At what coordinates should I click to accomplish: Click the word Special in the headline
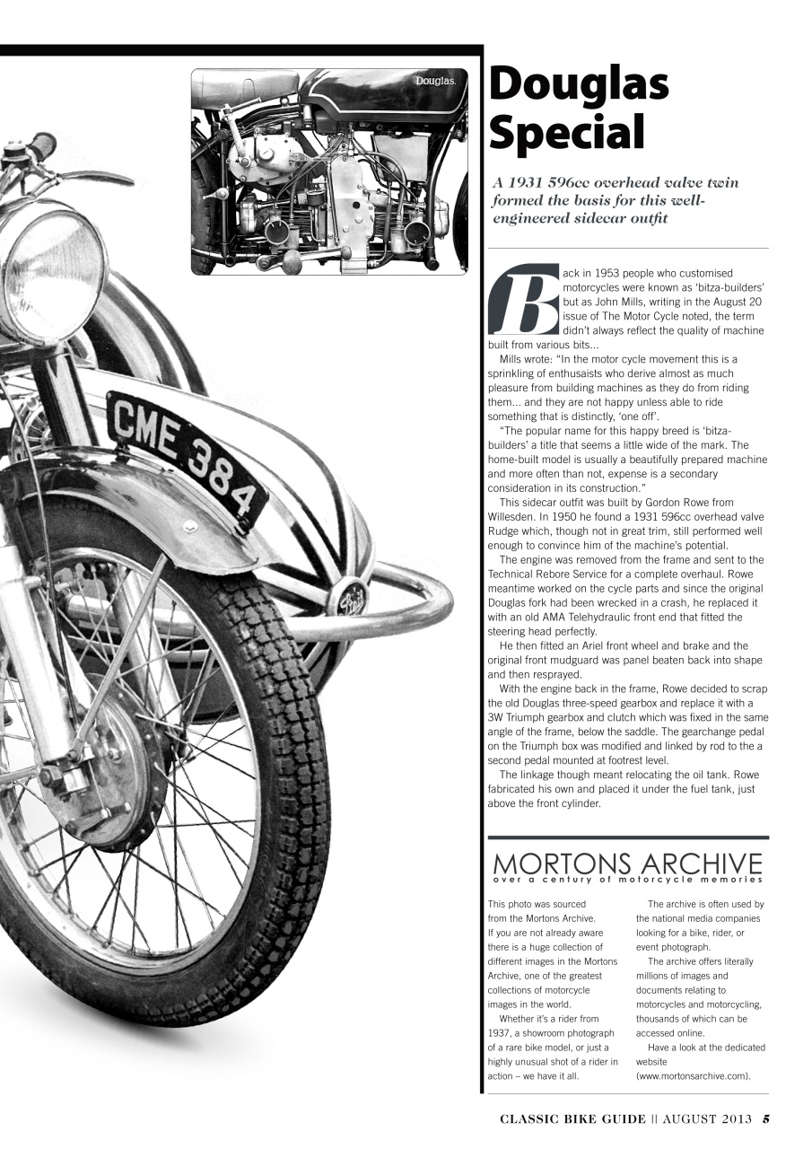click(x=567, y=133)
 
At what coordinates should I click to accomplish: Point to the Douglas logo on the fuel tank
click(x=435, y=82)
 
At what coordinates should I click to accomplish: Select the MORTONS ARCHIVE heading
click(x=627, y=864)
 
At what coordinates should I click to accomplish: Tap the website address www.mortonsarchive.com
click(x=694, y=1075)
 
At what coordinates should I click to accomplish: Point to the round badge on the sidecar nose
click(x=352, y=598)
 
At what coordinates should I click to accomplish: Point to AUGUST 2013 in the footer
click(x=703, y=1118)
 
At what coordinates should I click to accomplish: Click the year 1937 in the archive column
click(x=501, y=1033)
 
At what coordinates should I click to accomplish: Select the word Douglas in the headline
click(x=580, y=84)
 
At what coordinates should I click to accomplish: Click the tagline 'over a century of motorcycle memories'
click(x=627, y=881)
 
